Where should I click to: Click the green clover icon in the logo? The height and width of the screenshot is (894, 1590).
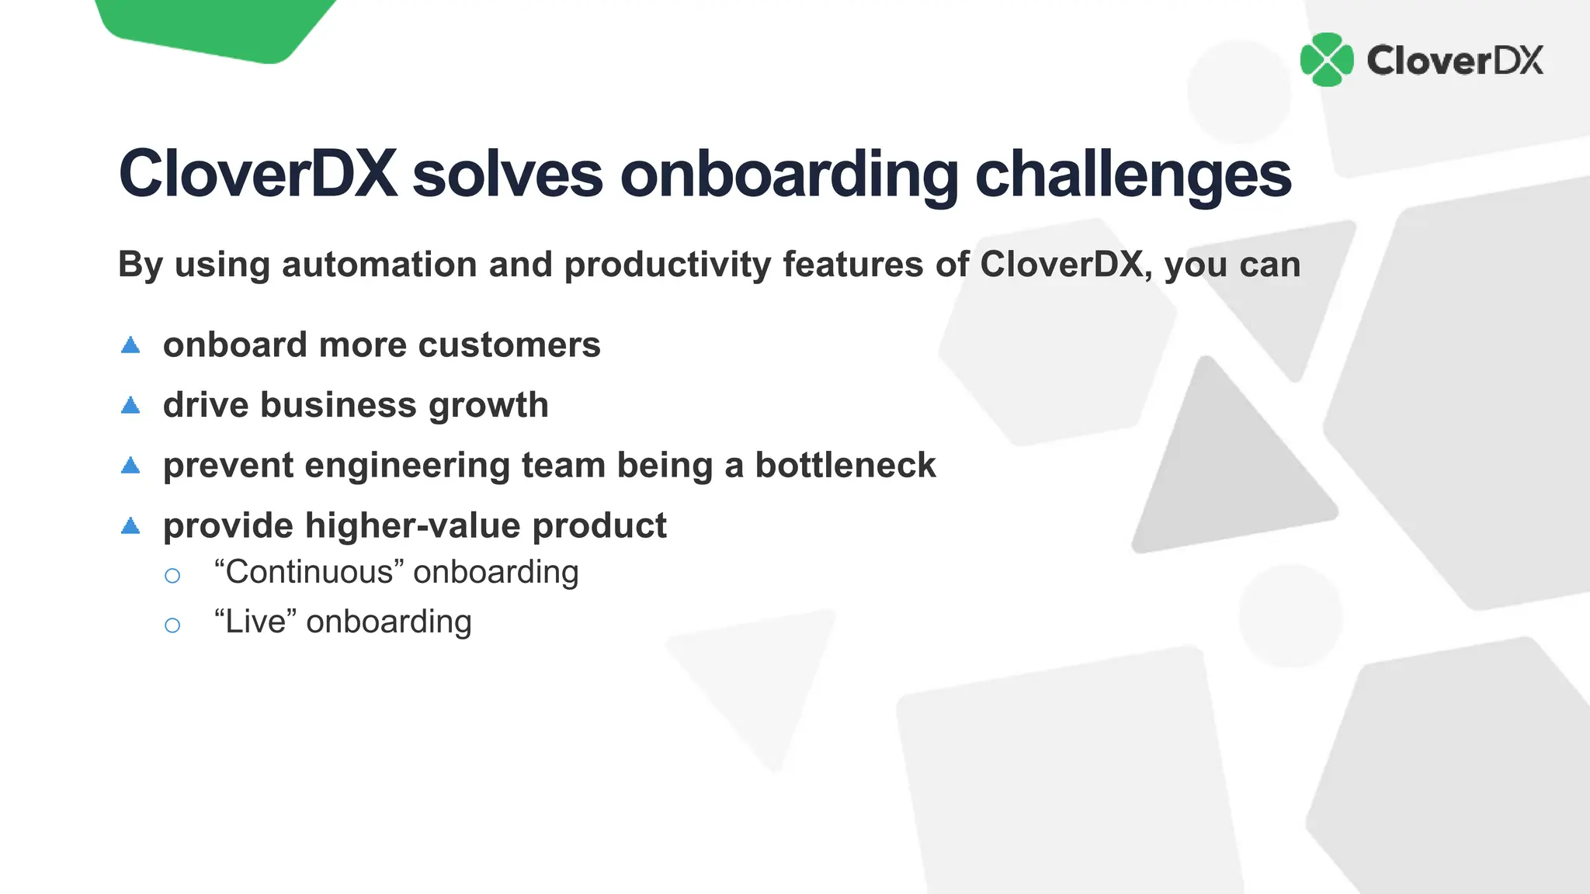pos(1327,60)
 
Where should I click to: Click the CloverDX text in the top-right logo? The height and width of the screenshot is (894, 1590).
pos(1455,61)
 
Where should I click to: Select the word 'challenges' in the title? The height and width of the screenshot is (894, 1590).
pos(1133,175)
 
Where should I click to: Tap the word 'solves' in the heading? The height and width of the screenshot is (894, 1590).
pos(507,174)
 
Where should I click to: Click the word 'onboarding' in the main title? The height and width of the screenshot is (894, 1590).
pos(789,175)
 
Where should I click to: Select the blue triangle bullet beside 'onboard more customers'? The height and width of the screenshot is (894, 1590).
pos(130,345)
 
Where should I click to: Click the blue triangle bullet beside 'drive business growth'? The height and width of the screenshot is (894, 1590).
pos(130,405)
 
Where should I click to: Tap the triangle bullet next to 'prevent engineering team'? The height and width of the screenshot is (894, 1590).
pos(130,466)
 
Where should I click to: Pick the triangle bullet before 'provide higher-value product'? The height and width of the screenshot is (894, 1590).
pos(130,526)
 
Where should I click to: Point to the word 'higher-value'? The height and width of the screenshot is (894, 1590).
pos(413,526)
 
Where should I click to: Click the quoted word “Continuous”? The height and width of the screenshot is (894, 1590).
pos(309,572)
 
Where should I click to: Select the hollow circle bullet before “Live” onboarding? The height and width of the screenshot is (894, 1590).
pos(172,625)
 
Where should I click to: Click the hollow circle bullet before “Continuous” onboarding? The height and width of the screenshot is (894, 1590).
pos(172,575)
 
